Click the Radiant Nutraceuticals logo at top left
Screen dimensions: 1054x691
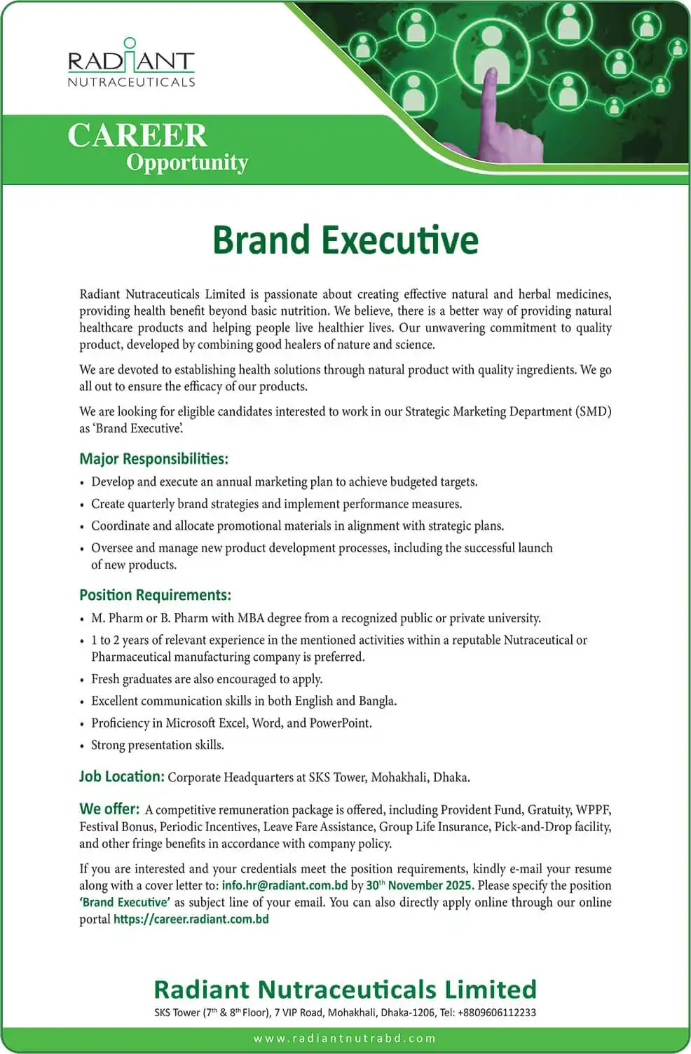pos(131,63)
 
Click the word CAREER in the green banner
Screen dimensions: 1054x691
pos(137,135)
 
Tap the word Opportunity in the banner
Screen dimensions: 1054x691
pos(187,163)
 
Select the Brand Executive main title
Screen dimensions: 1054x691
pos(345,240)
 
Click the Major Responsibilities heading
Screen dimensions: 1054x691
pos(153,459)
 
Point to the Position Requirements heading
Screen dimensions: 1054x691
pos(155,595)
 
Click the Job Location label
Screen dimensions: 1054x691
pos(121,776)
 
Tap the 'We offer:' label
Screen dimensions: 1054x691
pos(109,809)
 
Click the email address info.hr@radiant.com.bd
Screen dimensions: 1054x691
pos(285,885)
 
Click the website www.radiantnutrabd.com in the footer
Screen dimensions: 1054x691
pos(345,1038)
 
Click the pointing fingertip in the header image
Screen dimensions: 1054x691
pos(490,74)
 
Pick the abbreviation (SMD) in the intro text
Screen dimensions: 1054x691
pos(593,411)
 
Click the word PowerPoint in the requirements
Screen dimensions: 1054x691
pos(339,723)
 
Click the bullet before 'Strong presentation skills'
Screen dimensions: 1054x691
pos(83,746)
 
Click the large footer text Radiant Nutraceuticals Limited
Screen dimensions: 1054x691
pos(345,989)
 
